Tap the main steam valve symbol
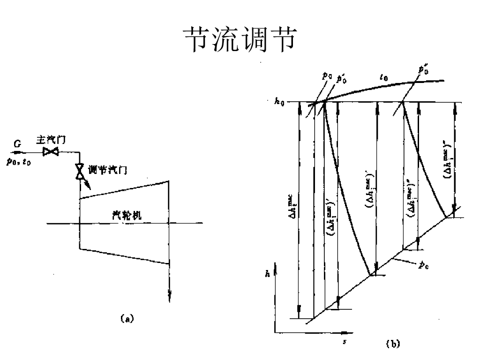[x=50, y=152]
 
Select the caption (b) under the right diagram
[x=392, y=344]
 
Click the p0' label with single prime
[x=343, y=75]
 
